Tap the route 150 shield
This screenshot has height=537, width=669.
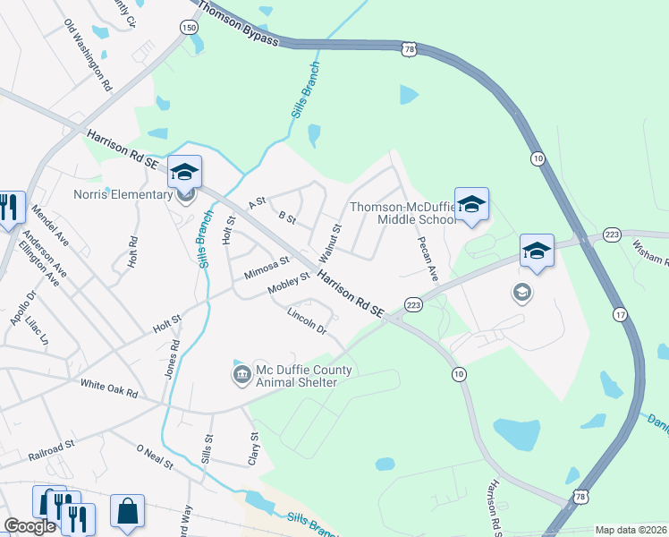pos(189,28)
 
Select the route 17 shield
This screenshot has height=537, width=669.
pos(620,314)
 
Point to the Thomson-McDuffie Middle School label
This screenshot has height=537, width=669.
pos(404,212)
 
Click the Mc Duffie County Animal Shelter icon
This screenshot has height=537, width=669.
pos(241,373)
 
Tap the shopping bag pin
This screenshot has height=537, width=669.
pos(127,511)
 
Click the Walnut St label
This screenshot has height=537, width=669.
pos(331,241)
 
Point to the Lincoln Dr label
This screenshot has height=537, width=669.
pos(307,320)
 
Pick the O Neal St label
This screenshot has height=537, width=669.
pos(154,456)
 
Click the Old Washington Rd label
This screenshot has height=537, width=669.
pos(88,56)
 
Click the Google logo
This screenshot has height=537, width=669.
pos(30,526)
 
